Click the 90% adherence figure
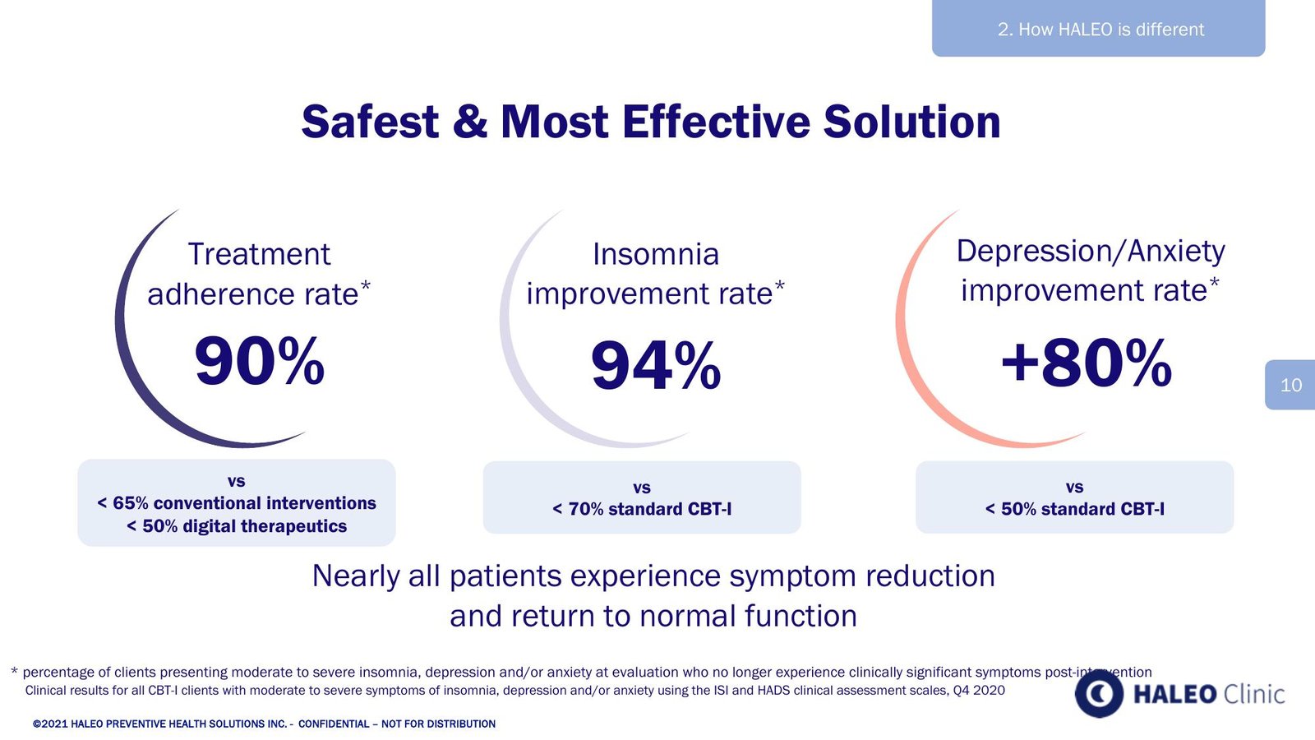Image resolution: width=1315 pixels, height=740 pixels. tap(260, 360)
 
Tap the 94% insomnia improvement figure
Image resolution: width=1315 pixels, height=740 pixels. tap(656, 365)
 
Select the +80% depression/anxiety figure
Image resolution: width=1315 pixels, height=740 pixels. tap(1087, 363)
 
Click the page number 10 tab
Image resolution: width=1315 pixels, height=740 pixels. tap(1290, 385)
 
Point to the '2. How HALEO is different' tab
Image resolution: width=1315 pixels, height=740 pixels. tap(1098, 28)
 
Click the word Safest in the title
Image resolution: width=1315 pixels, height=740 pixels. tap(370, 122)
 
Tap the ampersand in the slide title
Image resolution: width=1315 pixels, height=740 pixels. tap(469, 122)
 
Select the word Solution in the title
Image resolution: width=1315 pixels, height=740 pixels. tap(911, 122)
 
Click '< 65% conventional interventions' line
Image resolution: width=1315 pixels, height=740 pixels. tap(237, 503)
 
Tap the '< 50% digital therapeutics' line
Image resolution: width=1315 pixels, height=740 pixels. tap(237, 526)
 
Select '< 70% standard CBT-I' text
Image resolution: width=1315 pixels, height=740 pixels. tap(642, 509)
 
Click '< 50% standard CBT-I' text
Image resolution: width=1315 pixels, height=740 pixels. tap(1074, 509)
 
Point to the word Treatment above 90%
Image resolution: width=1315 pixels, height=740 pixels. tap(259, 254)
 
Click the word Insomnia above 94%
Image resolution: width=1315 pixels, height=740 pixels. tap(656, 254)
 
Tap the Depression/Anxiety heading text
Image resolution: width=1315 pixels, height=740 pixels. tap(1091, 252)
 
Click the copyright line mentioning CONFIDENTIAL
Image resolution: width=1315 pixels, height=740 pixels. tap(264, 724)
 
